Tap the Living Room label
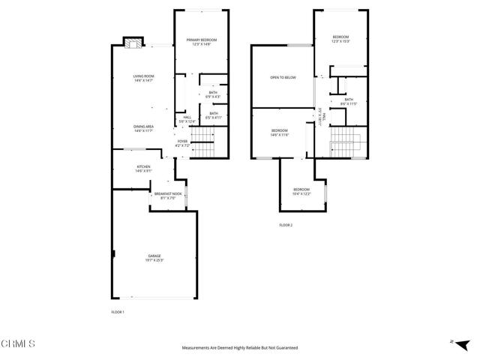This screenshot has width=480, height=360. click(143, 78)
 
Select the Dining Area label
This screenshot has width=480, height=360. click(143, 128)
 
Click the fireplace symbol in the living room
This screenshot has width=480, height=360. click(132, 43)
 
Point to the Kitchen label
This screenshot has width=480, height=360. click(143, 168)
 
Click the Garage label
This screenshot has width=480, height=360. click(155, 258)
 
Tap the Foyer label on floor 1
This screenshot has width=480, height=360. click(182, 142)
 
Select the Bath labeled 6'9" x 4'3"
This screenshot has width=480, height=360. click(213, 94)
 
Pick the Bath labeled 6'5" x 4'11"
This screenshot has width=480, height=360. click(213, 115)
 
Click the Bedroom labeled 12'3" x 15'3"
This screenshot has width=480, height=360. click(340, 39)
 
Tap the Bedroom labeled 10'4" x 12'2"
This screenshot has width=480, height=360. click(301, 190)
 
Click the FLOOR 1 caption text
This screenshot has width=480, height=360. click(117, 310)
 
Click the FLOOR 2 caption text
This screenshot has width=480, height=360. click(286, 225)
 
